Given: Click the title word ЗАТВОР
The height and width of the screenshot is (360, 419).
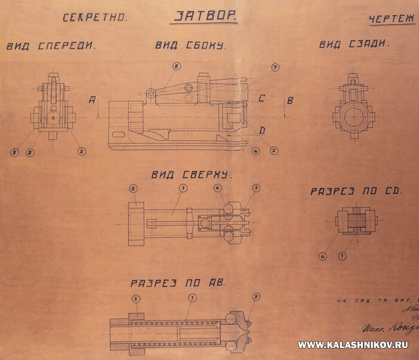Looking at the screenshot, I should tap(204, 16).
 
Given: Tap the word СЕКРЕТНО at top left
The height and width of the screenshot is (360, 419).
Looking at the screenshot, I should tap(96, 17).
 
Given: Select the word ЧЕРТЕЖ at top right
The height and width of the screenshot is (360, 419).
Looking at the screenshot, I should tap(393, 19).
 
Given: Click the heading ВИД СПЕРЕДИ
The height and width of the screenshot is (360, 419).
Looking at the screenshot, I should tap(51, 46).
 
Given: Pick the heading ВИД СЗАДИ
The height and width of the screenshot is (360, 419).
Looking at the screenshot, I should tap(354, 44).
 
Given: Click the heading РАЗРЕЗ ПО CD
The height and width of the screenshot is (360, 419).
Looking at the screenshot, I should tap(356, 192).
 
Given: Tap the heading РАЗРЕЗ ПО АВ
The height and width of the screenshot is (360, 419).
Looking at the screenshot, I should tap(178, 282).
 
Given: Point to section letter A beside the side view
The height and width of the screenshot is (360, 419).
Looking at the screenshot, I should tap(92, 101).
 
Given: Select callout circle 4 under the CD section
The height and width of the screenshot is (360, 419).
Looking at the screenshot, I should tap(322, 256).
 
